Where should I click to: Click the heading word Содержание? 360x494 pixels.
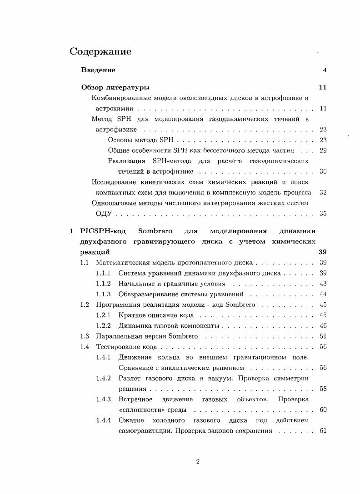[x=100, y=52]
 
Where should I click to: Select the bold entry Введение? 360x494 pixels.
[x=98, y=70]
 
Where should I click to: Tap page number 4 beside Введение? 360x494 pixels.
[x=325, y=70]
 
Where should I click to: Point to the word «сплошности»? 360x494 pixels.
[x=137, y=410]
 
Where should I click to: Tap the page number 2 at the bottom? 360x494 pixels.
[x=198, y=462]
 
